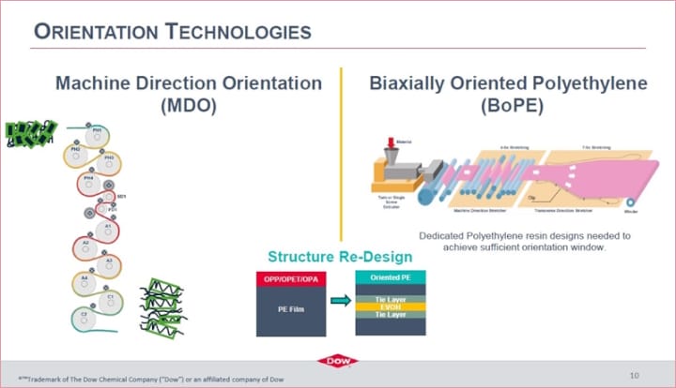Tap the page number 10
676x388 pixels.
(634, 374)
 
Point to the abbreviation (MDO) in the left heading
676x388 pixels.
(188, 105)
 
